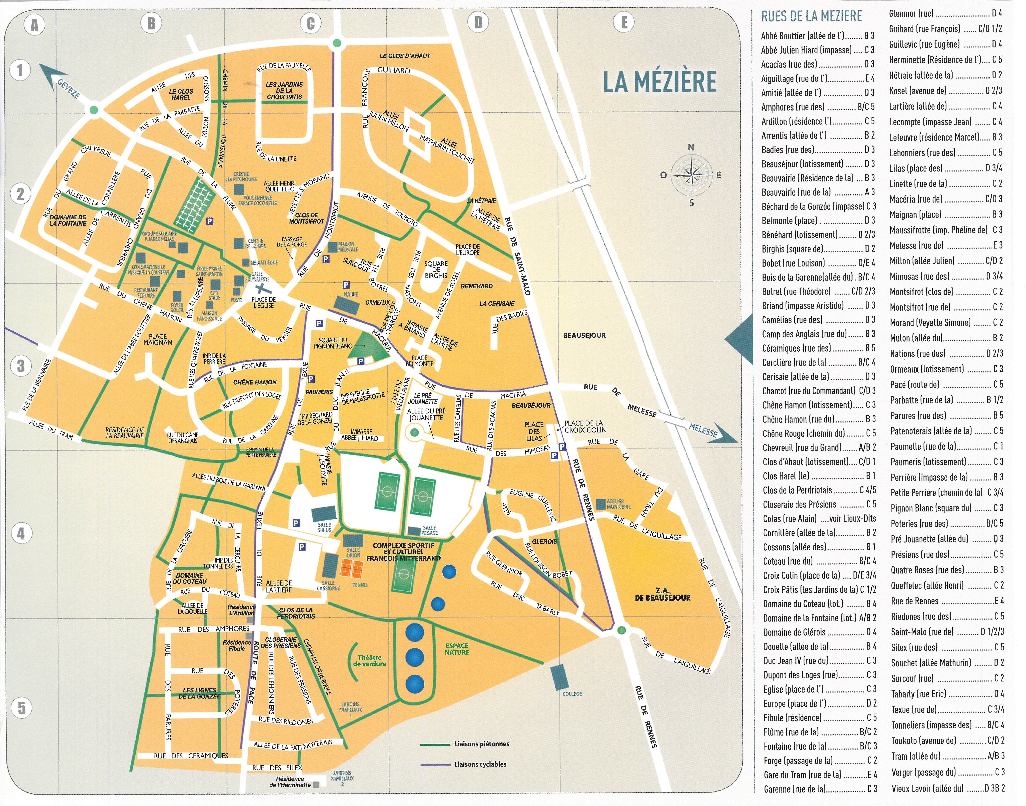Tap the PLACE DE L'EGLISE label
pyautogui.click(x=264, y=302)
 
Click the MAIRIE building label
pyautogui.click(x=351, y=294)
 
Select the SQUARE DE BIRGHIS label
pyautogui.click(x=436, y=269)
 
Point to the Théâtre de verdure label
pyautogui.click(x=370, y=661)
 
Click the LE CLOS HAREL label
pyautogui.click(x=181, y=94)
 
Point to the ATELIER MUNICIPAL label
pyautogui.click(x=618, y=504)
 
